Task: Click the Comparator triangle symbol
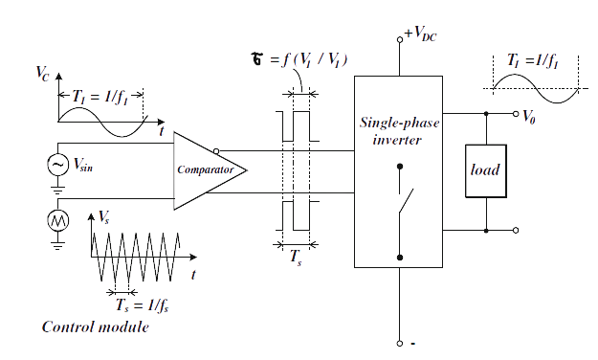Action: point(207,169)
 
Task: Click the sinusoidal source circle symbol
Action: point(55,165)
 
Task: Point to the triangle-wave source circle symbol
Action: point(55,221)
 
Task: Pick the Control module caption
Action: point(96,327)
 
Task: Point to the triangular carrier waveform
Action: point(134,253)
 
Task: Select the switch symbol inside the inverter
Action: point(404,201)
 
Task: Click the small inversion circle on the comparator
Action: point(218,150)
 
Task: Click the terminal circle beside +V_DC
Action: point(401,39)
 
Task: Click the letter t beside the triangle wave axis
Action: point(193,274)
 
